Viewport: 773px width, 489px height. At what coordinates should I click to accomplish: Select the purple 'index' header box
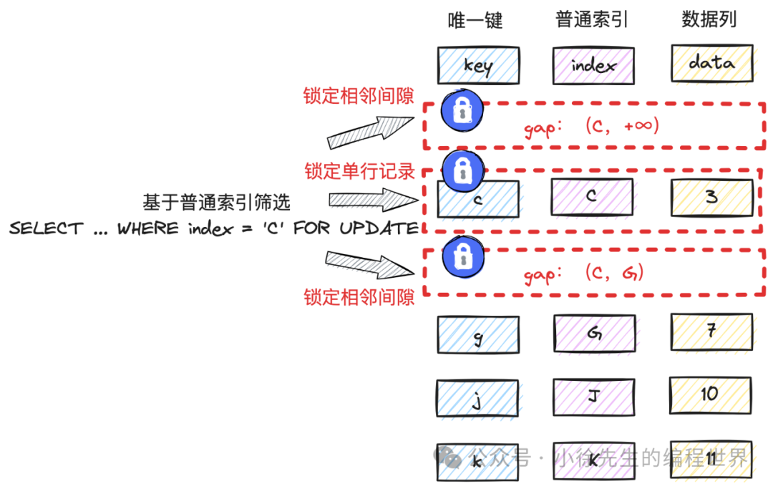pos(593,65)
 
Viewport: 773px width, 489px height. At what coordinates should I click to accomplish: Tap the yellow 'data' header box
pos(711,63)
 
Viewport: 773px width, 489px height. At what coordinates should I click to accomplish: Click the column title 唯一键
pos(475,20)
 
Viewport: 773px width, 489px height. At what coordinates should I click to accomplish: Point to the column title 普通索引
pos(592,19)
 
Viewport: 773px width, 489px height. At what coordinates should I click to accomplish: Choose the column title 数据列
pos(709,19)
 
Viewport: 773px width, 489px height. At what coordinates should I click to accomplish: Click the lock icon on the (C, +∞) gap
pos(462,111)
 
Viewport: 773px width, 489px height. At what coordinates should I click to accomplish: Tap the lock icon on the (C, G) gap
pos(462,256)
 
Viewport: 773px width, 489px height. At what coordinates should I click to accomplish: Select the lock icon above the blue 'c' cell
pos(462,170)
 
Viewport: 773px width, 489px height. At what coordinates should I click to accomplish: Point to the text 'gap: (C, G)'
pos(584,273)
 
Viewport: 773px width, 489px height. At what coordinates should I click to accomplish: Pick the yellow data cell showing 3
pos(711,197)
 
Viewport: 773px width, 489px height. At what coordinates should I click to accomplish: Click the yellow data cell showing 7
pos(711,331)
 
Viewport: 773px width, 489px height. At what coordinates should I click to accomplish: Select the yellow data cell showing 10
pos(710,394)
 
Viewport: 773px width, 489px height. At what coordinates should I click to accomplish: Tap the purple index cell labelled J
pos(593,397)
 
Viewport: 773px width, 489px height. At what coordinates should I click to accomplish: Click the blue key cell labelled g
pos(477,334)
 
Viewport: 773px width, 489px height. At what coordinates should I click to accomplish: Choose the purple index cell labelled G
pos(593,334)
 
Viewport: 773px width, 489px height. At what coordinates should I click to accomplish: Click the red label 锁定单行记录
pos(360,171)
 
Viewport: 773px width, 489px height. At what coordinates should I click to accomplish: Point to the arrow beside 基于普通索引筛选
pos(366,200)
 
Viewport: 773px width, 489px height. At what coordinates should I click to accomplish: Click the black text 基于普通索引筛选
pos(216,203)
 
